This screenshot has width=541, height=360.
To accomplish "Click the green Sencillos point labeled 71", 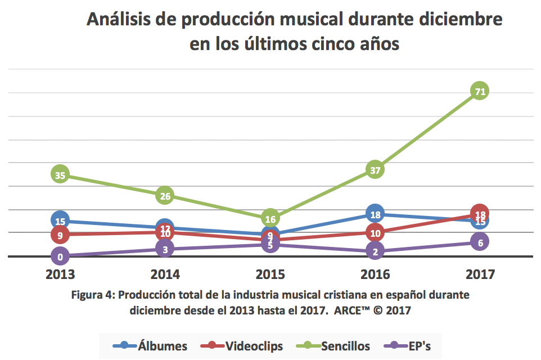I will pos(480,91).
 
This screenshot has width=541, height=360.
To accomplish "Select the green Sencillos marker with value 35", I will pos(60,175).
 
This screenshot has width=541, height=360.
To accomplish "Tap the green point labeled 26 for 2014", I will pos(165,196).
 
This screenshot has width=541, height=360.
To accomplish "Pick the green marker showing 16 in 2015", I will pos(270,218).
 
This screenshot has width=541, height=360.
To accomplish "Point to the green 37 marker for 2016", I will pos(375,169).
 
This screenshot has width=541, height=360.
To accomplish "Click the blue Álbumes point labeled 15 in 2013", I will pos(60,220).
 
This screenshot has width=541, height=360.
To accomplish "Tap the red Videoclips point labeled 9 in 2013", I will pos(60,235).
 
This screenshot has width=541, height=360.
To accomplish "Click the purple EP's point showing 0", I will pos(60,256).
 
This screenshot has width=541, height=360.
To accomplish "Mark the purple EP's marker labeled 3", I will pos(165,249).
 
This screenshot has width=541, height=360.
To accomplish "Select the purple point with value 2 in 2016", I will pos(375,251).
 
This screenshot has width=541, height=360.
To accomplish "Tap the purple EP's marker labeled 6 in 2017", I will pos(480,242).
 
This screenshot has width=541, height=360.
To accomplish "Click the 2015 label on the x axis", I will pos(270,274).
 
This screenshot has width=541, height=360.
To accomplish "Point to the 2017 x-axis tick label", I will pos(480,274).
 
